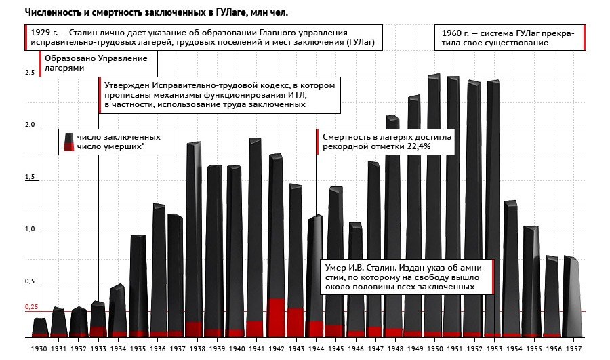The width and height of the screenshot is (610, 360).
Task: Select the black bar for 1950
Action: coord(434,203)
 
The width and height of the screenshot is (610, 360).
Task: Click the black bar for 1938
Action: coord(194,231)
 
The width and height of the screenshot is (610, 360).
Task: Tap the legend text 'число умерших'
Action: coord(110,146)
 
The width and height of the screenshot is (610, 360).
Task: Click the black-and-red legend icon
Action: coord(67,141)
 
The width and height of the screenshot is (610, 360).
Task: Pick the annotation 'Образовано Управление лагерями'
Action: coord(96,63)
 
